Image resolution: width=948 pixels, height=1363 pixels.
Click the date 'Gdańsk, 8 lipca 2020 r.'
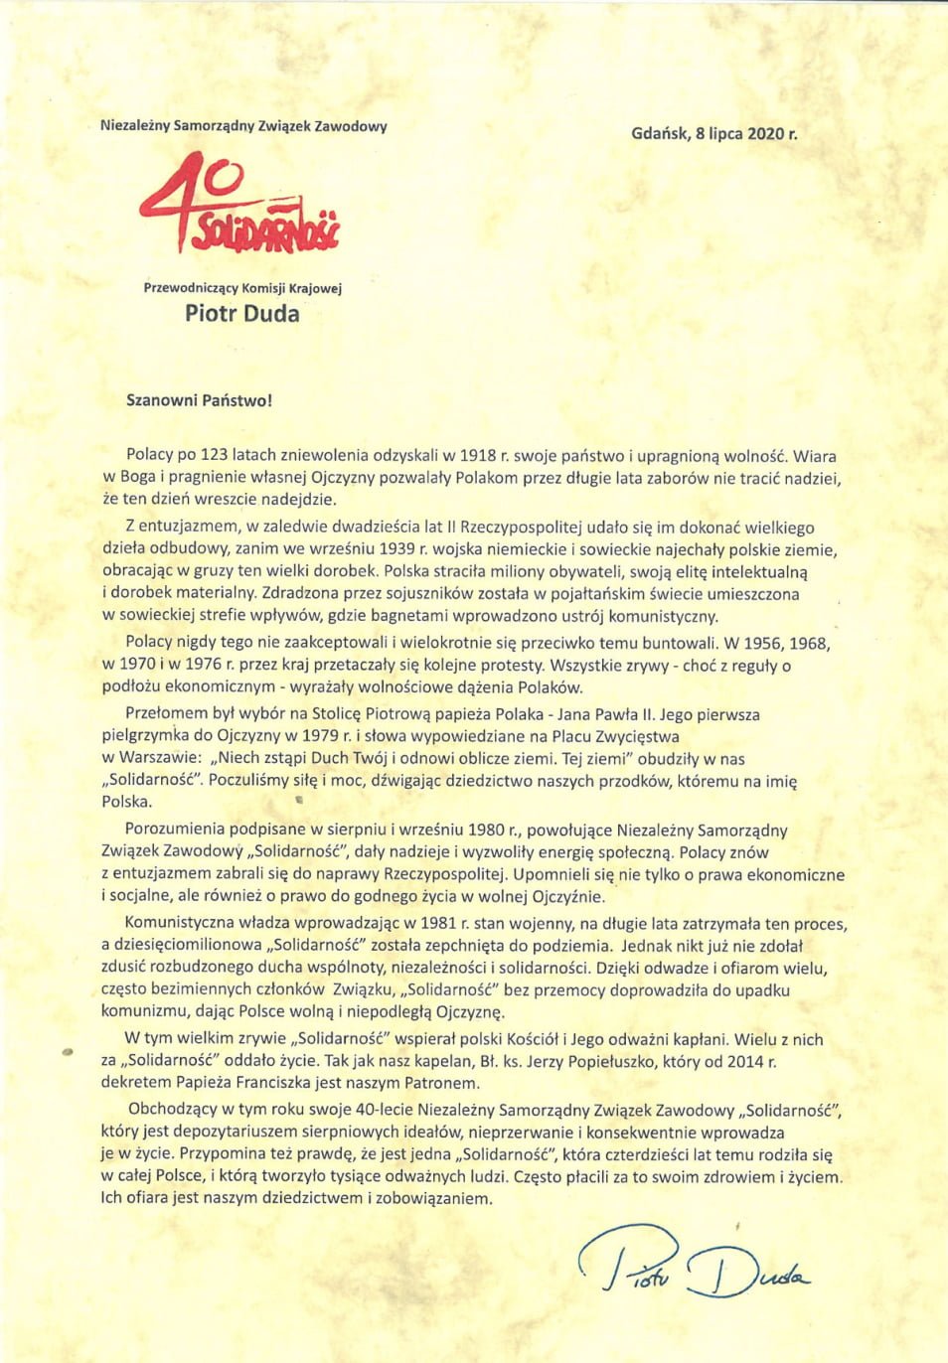point(713,133)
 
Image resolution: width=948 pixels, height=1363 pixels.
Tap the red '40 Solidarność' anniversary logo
point(240,204)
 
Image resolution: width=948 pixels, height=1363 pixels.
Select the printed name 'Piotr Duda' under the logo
point(241,314)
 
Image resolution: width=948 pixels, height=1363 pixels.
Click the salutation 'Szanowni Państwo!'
point(199,401)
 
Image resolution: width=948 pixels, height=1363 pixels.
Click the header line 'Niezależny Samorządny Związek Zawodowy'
point(243,126)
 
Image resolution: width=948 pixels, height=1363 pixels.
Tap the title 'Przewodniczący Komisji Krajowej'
point(242,288)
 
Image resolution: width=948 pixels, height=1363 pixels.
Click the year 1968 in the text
point(809,643)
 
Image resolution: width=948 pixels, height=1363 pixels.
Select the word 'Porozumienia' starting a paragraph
point(175,830)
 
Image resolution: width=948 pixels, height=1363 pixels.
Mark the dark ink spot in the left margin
point(68,1050)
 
